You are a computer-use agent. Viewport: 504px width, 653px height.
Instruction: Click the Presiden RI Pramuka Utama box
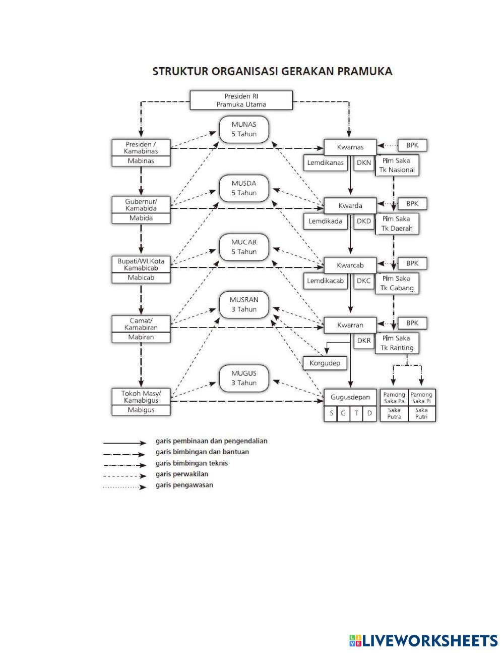click(241, 100)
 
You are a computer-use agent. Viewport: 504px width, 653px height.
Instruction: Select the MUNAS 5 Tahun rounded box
click(244, 129)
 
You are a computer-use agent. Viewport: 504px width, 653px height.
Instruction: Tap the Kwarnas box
click(350, 147)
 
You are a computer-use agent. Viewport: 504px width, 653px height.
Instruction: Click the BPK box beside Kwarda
click(412, 204)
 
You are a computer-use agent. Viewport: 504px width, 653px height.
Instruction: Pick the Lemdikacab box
click(326, 281)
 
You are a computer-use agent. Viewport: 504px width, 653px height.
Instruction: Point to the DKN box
click(363, 163)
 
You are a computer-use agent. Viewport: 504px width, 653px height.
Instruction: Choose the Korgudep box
click(325, 363)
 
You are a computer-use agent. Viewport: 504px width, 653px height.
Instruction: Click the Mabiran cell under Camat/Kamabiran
click(141, 337)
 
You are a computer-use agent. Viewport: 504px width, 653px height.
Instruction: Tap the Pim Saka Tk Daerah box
click(397, 224)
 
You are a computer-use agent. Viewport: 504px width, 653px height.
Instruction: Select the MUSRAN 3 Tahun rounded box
click(244, 304)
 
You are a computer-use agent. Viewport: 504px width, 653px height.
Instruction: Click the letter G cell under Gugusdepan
click(343, 413)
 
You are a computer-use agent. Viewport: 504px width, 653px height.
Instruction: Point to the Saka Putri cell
click(421, 414)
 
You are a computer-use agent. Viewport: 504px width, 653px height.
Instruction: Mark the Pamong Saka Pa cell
click(394, 398)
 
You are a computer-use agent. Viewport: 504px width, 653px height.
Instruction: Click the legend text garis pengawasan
click(184, 485)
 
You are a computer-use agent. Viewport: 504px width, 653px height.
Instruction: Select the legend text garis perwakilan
click(181, 474)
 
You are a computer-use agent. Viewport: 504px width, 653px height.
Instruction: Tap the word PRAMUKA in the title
click(365, 71)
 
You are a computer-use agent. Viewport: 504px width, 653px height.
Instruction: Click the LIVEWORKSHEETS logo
click(423, 640)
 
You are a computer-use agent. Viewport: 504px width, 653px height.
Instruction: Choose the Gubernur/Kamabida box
click(141, 204)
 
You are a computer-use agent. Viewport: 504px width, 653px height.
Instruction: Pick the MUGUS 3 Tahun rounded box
click(244, 378)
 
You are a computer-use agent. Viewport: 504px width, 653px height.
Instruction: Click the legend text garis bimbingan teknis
click(192, 463)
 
